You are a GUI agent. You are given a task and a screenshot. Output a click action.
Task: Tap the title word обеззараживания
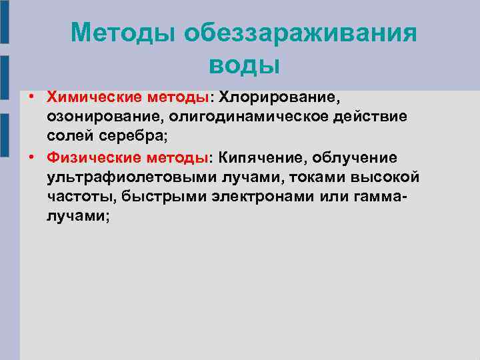tap(301, 31)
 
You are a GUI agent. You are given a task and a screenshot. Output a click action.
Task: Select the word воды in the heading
tap(244, 65)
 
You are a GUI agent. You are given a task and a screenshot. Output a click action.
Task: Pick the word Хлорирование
tap(281, 97)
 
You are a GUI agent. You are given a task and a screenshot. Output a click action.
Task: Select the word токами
tap(286, 177)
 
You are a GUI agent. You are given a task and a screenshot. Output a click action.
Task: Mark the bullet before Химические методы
tap(31, 98)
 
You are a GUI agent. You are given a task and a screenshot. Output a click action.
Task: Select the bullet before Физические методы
tap(31, 158)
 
